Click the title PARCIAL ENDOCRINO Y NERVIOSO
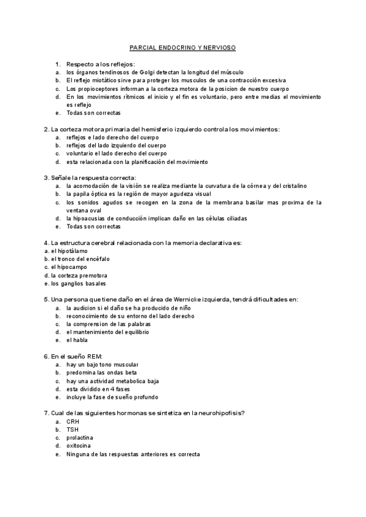click(x=183, y=47)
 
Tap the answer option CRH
click(x=73, y=421)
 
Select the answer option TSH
click(x=73, y=430)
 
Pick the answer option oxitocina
click(x=79, y=446)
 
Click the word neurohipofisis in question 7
click(x=218, y=413)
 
